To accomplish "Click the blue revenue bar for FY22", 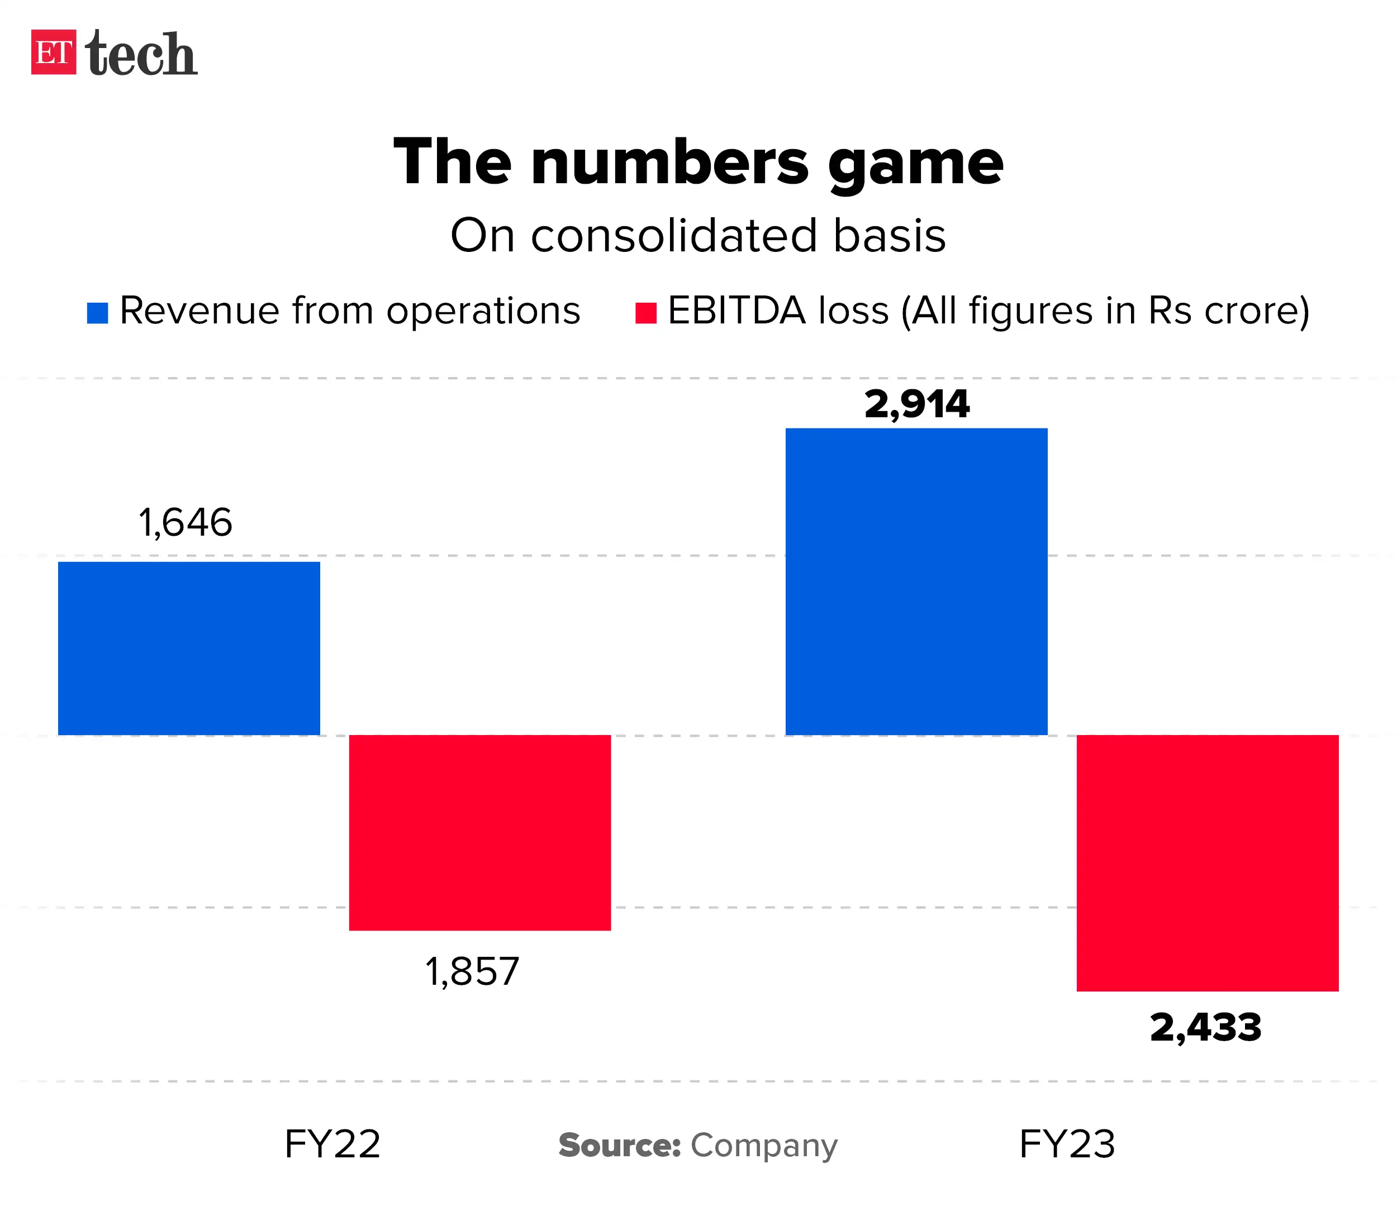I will (189, 648).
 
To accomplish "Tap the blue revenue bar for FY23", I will (916, 581).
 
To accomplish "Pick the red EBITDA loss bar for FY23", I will (1207, 862).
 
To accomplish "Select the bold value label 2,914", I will (916, 404).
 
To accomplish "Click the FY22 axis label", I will (332, 1144).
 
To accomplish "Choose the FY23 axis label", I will (1067, 1144).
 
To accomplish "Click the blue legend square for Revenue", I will (98, 313).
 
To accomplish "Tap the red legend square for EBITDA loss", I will (645, 313).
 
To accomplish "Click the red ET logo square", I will (54, 53).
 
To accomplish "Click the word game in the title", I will (915, 165).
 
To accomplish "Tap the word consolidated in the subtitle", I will (674, 236).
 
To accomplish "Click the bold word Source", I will (619, 1146).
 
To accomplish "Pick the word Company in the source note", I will (764, 1146).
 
